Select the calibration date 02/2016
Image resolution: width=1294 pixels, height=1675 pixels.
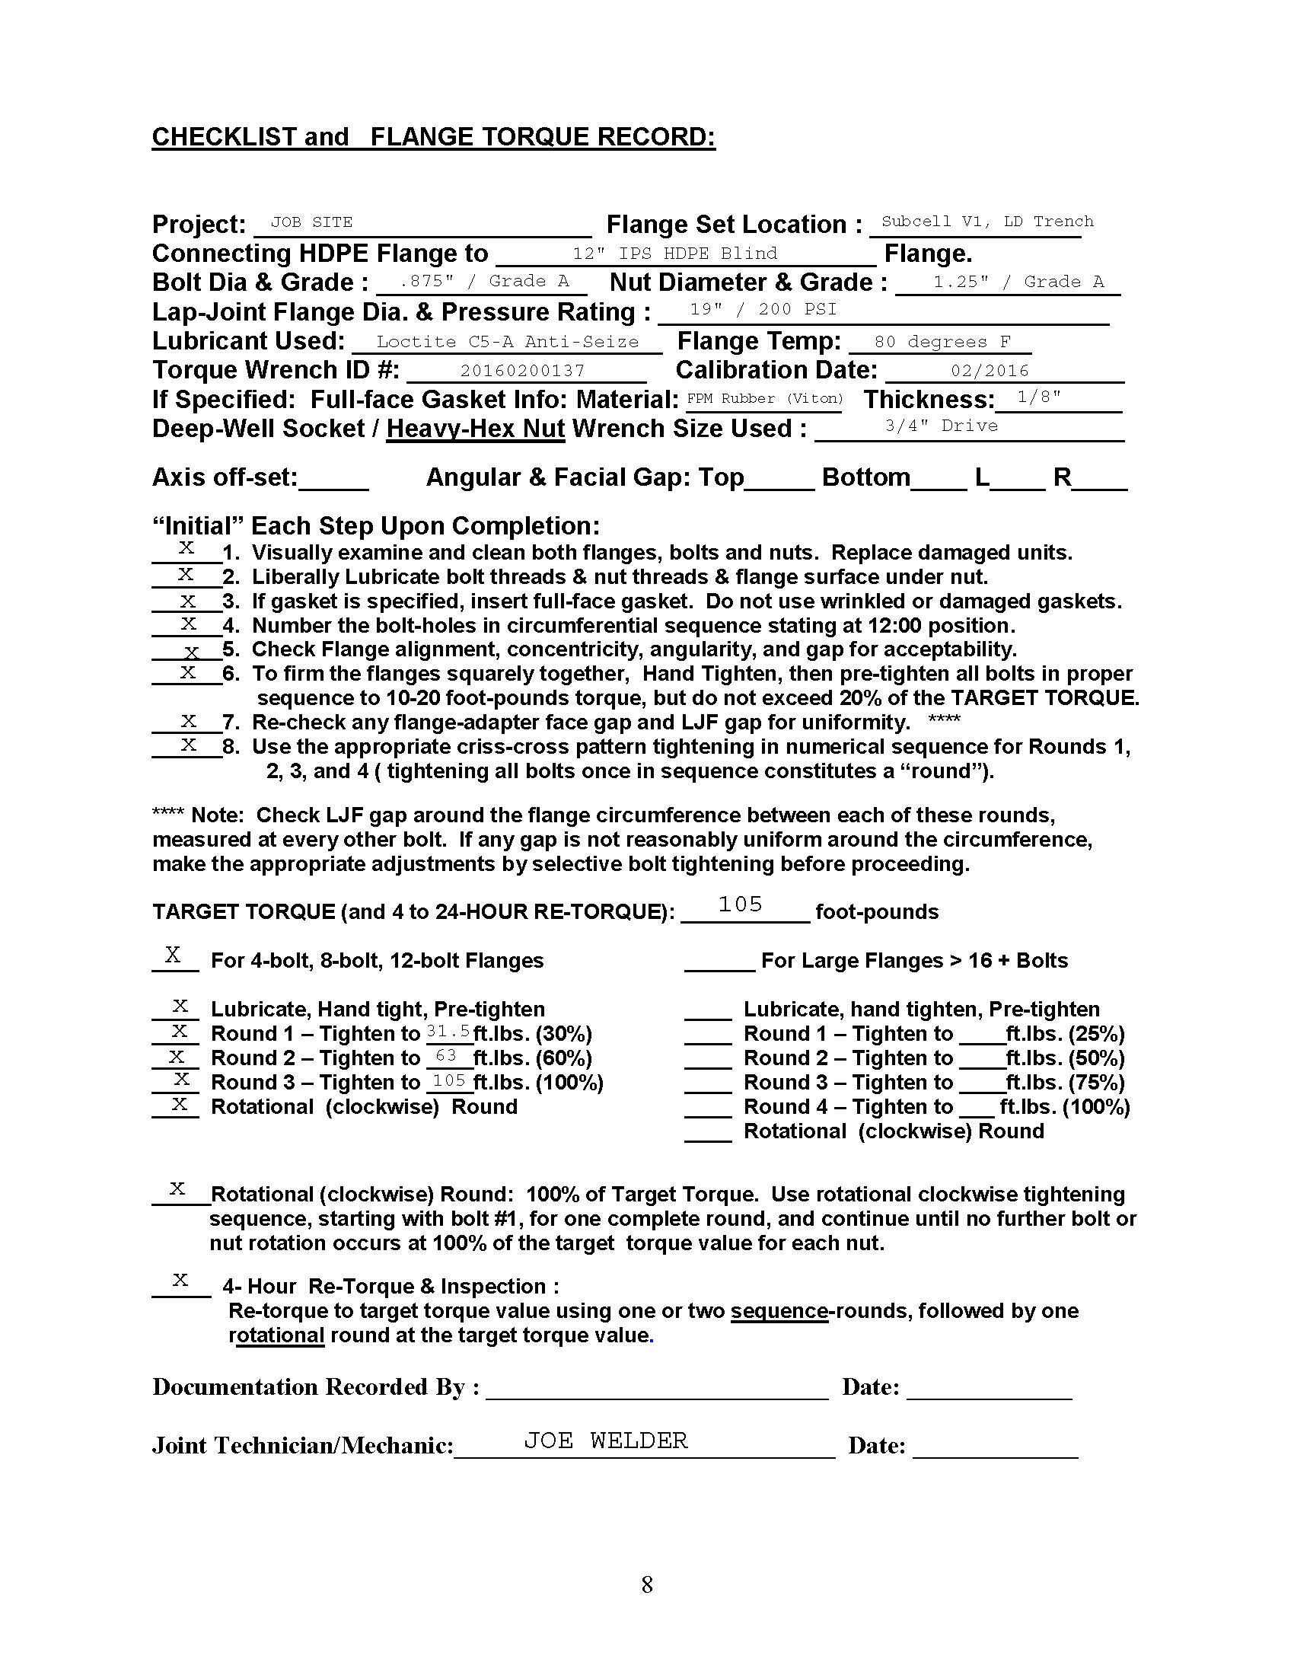click(990, 371)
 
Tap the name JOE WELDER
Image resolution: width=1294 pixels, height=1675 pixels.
click(606, 1440)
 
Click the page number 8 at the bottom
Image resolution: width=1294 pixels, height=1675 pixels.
click(647, 1584)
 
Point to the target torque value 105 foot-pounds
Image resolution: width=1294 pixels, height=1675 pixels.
click(740, 904)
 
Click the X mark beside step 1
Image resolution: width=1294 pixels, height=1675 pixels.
click(186, 547)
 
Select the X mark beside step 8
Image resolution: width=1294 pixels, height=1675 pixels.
click(188, 744)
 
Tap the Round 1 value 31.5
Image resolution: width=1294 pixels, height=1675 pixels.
click(448, 1032)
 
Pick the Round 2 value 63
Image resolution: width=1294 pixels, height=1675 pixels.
click(446, 1055)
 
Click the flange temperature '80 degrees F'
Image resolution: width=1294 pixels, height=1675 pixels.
click(942, 341)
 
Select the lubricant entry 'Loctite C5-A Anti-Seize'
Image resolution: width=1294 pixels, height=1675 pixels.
click(508, 341)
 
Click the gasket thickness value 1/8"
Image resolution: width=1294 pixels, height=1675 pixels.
click(1039, 397)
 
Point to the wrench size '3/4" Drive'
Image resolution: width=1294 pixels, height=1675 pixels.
click(942, 426)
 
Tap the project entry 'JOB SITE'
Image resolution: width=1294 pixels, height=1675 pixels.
click(311, 222)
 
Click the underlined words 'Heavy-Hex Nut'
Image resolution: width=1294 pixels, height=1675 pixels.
click(475, 429)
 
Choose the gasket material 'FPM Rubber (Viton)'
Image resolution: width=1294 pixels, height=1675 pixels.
click(764, 398)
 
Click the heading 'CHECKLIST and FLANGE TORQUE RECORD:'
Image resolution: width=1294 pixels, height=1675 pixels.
click(433, 137)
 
